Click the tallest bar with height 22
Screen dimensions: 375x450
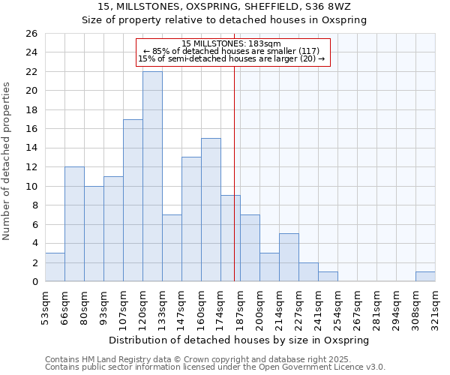pos(152,176)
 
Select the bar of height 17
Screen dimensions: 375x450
pos(133,200)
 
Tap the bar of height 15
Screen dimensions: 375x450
pos(211,210)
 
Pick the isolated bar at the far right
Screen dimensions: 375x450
pos(425,277)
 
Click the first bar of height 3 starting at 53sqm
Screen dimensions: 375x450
pos(55,268)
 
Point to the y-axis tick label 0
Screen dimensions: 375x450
pos(34,282)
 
